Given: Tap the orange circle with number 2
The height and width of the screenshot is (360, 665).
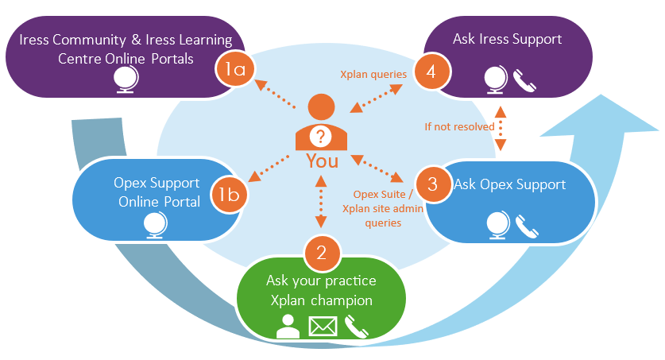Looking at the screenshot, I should tap(322, 253).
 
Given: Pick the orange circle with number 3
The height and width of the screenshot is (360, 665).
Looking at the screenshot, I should tap(432, 184).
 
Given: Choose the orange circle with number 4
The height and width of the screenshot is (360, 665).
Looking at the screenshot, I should tap(431, 71).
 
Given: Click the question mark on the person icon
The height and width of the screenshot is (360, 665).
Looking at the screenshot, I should tap(322, 136).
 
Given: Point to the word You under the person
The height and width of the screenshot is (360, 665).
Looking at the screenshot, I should tap(322, 161).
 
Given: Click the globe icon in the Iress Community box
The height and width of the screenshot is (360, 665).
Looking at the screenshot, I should tap(125, 79).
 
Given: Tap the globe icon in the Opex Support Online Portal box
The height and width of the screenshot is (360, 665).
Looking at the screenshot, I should tap(155, 226).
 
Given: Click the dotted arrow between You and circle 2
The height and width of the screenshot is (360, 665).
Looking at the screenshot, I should tap(321, 203).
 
